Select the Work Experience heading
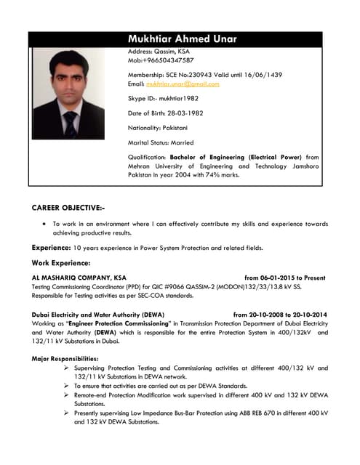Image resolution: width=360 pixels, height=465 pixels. point(61,262)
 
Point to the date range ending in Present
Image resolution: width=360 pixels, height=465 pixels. point(284,278)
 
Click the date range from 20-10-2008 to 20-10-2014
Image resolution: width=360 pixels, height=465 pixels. point(280,315)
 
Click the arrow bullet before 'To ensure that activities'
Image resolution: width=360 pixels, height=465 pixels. point(67,386)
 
